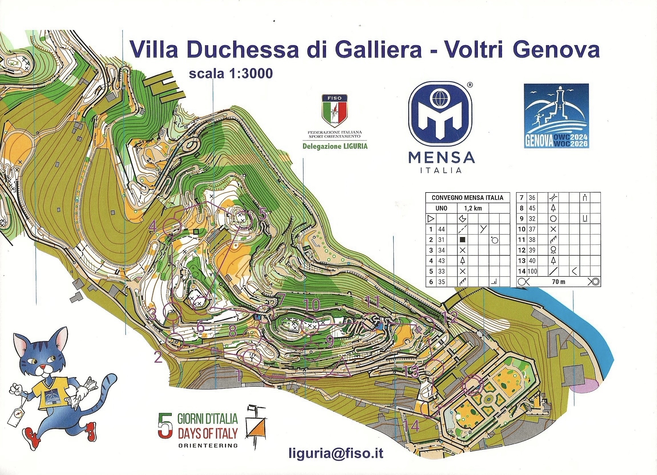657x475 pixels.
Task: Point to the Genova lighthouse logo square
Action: (556, 116)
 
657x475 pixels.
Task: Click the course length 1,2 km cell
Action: (473, 208)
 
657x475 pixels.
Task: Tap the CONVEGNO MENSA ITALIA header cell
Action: (467, 198)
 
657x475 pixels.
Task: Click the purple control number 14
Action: (412, 426)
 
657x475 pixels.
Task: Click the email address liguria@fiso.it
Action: (336, 453)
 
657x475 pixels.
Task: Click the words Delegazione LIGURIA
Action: (335, 146)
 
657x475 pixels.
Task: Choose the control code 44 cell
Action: (442, 229)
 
